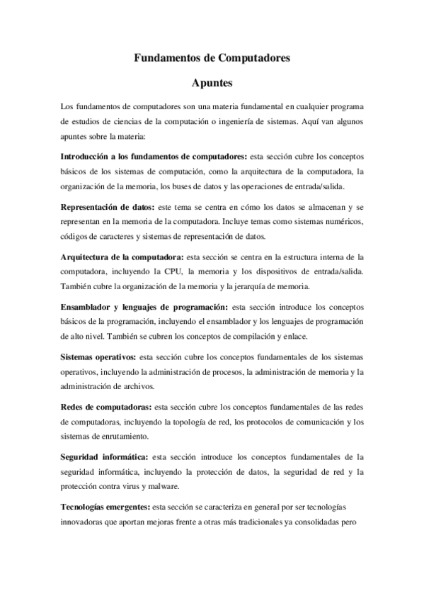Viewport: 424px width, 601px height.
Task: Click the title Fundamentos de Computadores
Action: (212, 60)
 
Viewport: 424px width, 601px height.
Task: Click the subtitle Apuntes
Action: (212, 84)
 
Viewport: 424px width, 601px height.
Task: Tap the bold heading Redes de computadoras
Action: (106, 407)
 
